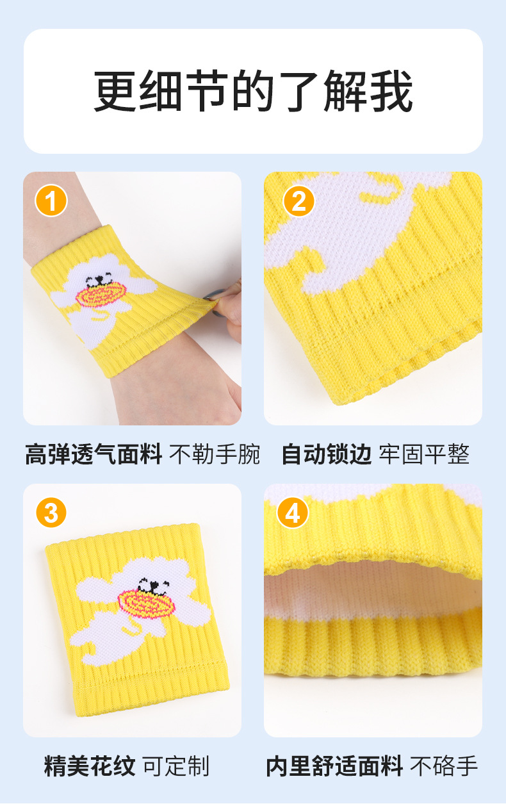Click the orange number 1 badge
[x=51, y=201]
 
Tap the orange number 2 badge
[x=299, y=201]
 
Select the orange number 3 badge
[x=51, y=513]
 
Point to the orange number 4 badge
[x=293, y=513]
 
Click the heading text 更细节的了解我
[x=253, y=91]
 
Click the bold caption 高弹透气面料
[x=94, y=454]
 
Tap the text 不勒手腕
[x=215, y=454]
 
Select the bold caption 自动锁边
[x=326, y=454]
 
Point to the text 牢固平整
[x=424, y=454]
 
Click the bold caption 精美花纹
[x=90, y=766]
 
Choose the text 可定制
[x=176, y=766]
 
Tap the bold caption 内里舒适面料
[x=334, y=766]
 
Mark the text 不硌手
[x=444, y=766]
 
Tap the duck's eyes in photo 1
[x=97, y=279]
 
